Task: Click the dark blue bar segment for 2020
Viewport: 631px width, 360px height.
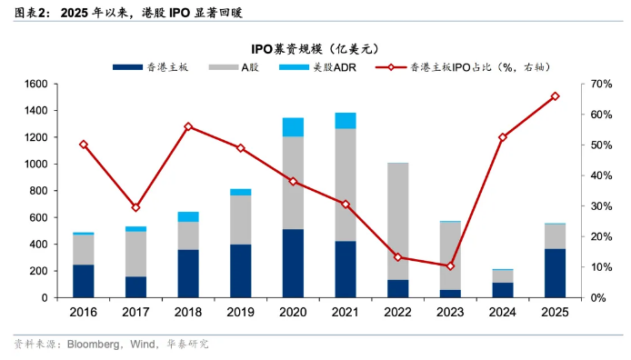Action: click(293, 263)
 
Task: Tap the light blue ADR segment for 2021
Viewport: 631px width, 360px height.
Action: click(346, 120)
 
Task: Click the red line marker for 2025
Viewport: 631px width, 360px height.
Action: click(556, 96)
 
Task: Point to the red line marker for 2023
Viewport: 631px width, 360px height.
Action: click(450, 266)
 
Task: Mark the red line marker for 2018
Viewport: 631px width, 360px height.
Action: click(188, 126)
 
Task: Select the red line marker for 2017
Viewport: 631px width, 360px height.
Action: click(135, 207)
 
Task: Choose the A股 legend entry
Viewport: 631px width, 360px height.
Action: click(239, 67)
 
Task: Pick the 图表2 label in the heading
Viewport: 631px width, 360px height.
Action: click(31, 12)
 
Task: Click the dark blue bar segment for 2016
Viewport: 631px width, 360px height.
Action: click(84, 281)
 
